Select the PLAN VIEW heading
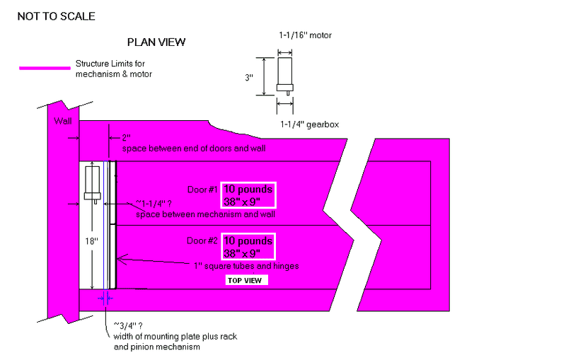156,42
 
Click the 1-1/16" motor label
306,35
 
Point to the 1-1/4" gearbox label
308,124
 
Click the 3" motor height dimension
249,78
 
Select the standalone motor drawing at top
284,75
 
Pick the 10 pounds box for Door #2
248,245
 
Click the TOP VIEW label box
245,281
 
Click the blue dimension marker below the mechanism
105,298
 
